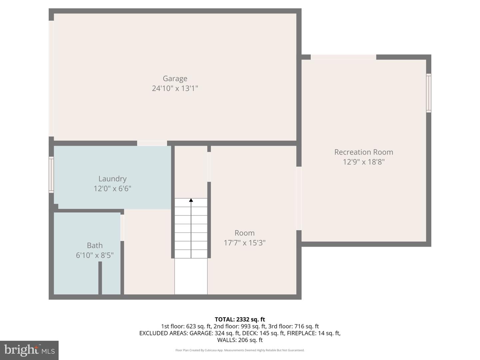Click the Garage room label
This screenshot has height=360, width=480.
175,78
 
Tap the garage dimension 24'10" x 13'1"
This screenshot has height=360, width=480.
175,88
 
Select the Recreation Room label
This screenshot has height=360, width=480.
363,152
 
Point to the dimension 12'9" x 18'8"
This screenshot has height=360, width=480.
363,162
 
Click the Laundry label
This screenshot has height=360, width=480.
112,179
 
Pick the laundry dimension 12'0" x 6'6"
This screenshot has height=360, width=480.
112,189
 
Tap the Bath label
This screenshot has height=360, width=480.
95,245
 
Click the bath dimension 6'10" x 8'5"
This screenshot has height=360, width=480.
95,255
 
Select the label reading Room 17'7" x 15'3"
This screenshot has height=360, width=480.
244,238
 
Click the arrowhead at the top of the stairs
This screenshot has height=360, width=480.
191,200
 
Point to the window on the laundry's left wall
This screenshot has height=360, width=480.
51,175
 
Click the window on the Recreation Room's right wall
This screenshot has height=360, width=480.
429,93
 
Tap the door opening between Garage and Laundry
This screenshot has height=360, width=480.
152,143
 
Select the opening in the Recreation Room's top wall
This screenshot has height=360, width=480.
343,57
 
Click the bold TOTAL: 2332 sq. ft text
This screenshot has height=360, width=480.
240,319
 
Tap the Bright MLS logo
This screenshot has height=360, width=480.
29,350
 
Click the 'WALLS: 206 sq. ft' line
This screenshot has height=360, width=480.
240,340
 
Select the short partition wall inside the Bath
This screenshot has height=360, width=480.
100,278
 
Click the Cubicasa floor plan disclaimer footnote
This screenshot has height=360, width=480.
240,350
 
